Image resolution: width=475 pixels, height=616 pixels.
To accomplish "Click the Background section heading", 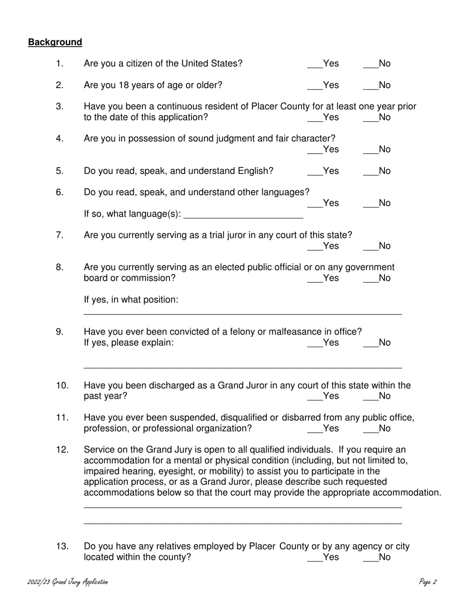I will pos(55,42).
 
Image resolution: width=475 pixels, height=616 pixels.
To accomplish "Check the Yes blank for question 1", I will pos(314,64).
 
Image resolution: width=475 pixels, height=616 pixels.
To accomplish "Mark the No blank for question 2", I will pos(370,86).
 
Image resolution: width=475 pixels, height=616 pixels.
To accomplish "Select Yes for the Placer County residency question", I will pos(314,118).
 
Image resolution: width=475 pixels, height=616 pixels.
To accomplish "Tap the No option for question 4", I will pos(370,150).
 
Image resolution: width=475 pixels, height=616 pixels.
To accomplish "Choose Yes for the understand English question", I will pos(314,171).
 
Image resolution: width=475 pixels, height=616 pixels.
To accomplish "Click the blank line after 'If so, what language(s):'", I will pos(243,215).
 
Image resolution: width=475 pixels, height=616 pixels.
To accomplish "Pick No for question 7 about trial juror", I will pos(370,246).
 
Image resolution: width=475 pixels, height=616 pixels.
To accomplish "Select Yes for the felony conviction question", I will pos(314,343).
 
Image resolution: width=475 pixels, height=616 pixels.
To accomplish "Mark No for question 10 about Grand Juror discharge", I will pos(370,397).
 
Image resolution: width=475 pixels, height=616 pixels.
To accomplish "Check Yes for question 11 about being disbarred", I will pos(314,429).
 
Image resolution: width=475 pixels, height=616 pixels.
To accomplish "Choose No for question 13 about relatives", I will pos(370,557).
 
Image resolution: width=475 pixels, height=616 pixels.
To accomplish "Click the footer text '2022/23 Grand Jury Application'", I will pos(67,582).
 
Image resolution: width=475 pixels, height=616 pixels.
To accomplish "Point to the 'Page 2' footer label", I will pos(428,582).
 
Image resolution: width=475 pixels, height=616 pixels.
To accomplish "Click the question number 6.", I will pos(59,192).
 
